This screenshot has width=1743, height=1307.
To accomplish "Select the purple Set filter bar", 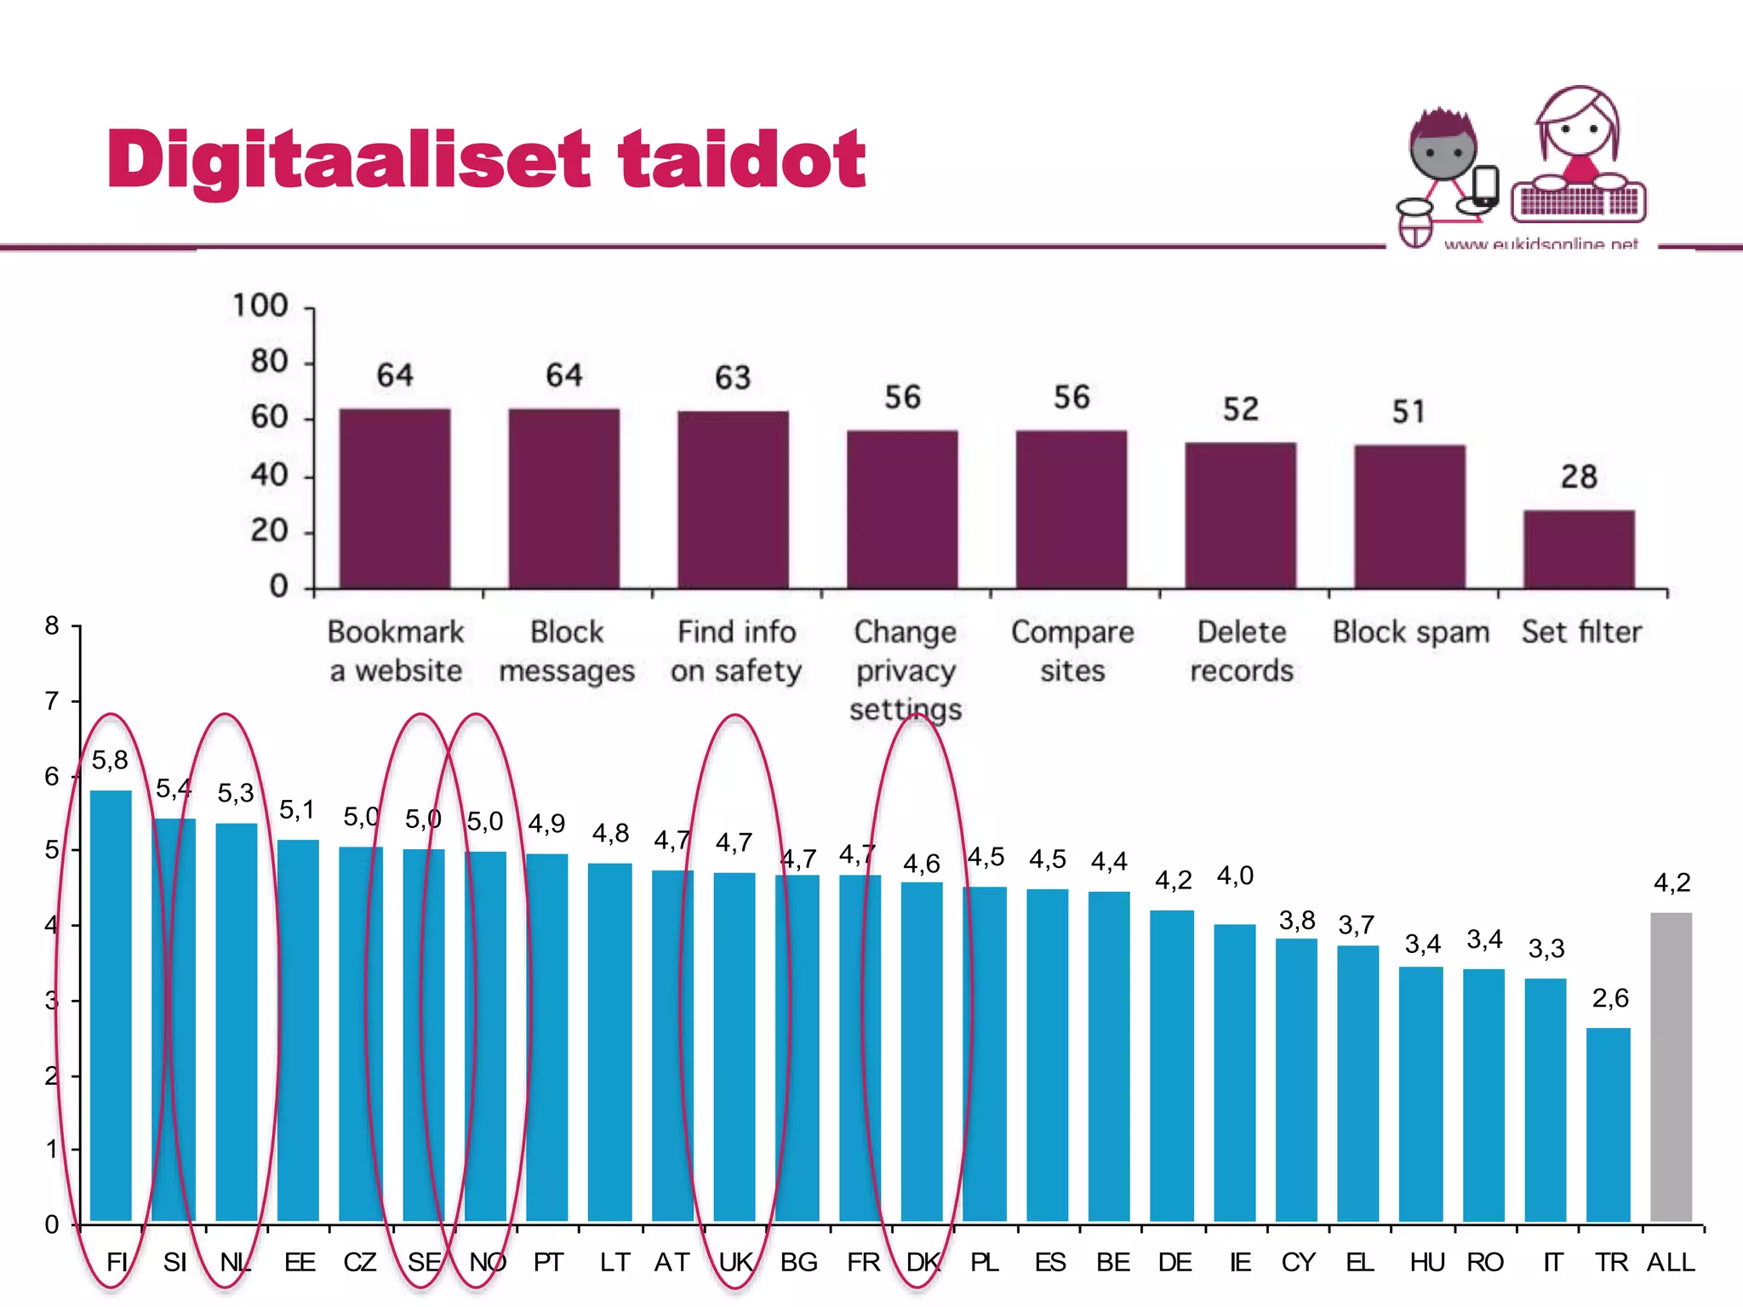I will click(x=1579, y=549).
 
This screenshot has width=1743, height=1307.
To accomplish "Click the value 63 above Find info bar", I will click(x=733, y=378).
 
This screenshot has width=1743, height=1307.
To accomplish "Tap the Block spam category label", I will click(x=1410, y=632).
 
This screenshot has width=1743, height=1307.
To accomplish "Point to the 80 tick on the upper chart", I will click(x=269, y=362).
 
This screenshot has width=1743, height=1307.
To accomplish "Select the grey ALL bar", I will click(x=1671, y=1068).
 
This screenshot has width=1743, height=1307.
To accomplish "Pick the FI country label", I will click(x=117, y=1262).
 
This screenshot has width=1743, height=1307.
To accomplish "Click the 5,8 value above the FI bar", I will click(x=110, y=760).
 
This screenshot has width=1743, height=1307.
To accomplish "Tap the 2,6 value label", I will click(x=1610, y=998).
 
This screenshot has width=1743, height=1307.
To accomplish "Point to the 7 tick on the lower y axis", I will click(x=52, y=701).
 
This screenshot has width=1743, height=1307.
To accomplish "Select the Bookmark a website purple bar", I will click(x=395, y=498).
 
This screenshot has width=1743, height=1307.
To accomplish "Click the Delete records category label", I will click(x=1241, y=651).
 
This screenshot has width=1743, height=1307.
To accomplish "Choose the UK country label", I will click(x=735, y=1262).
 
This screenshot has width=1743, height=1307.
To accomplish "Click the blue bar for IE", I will click(x=1234, y=1072).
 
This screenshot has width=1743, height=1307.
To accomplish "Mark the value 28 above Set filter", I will click(x=1579, y=477).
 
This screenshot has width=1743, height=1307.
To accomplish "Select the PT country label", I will click(x=548, y=1262).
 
